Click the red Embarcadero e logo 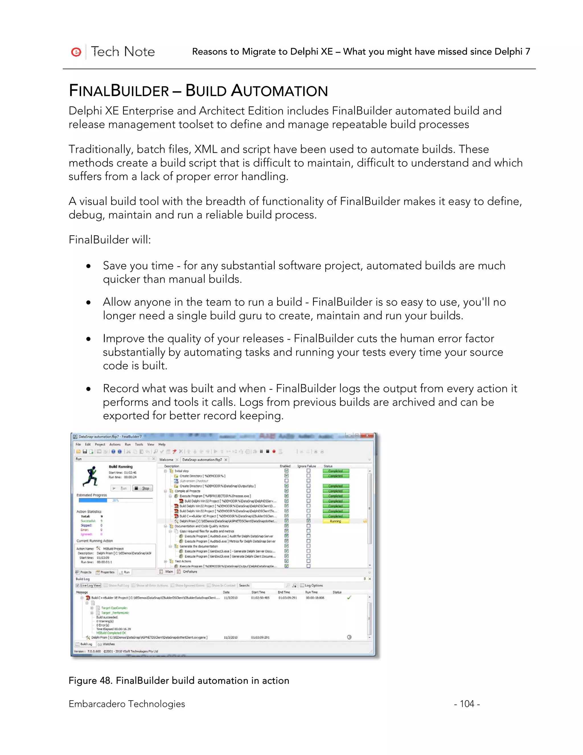tap(76, 52)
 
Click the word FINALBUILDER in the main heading tap(119, 91)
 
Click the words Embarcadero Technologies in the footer tap(127, 704)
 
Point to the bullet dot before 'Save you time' tap(89, 266)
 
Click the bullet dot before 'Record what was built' tap(89, 389)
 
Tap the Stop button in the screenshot tap(143, 488)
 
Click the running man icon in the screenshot tap(91, 476)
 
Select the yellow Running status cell tap(335, 521)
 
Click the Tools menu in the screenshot tap(139, 444)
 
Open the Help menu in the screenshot tap(162, 444)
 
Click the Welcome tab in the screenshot tap(166, 460)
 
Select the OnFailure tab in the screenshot tap(190, 572)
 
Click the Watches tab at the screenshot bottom tap(108, 644)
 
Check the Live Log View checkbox tap(78, 585)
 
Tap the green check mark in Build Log tap(349, 597)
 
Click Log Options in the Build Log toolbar tap(313, 585)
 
